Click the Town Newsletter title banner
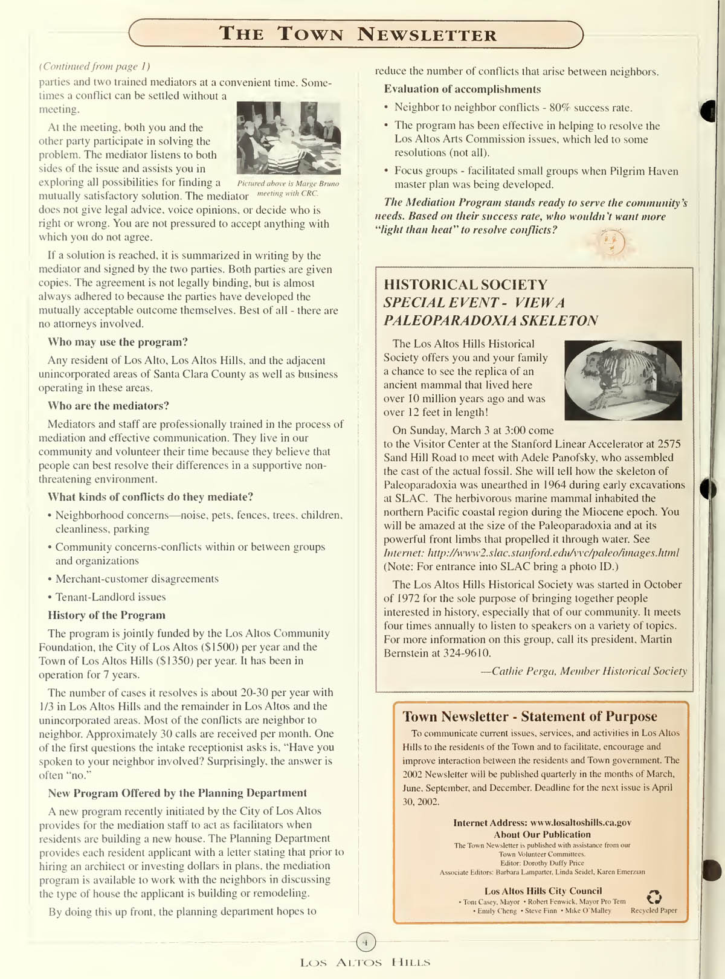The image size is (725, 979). (356, 34)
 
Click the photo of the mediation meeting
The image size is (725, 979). (288, 138)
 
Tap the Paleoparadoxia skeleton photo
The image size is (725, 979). (622, 380)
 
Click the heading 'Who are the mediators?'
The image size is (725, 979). (108, 406)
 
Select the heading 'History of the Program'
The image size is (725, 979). (106, 615)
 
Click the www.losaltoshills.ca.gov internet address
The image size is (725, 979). (581, 823)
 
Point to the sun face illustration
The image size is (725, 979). (611, 243)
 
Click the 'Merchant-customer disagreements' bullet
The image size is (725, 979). (137, 579)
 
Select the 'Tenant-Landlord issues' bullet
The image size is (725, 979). (110, 597)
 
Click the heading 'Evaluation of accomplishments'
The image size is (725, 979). (462, 89)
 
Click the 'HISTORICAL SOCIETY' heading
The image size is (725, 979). (465, 284)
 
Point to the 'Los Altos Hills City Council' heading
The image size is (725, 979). (543, 891)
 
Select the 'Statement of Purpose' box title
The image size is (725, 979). (529, 716)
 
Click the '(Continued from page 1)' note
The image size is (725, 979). (94, 66)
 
